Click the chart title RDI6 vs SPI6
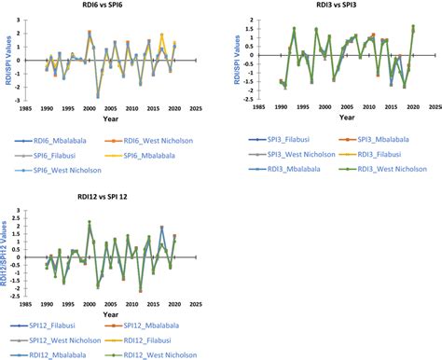coord(108,7)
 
